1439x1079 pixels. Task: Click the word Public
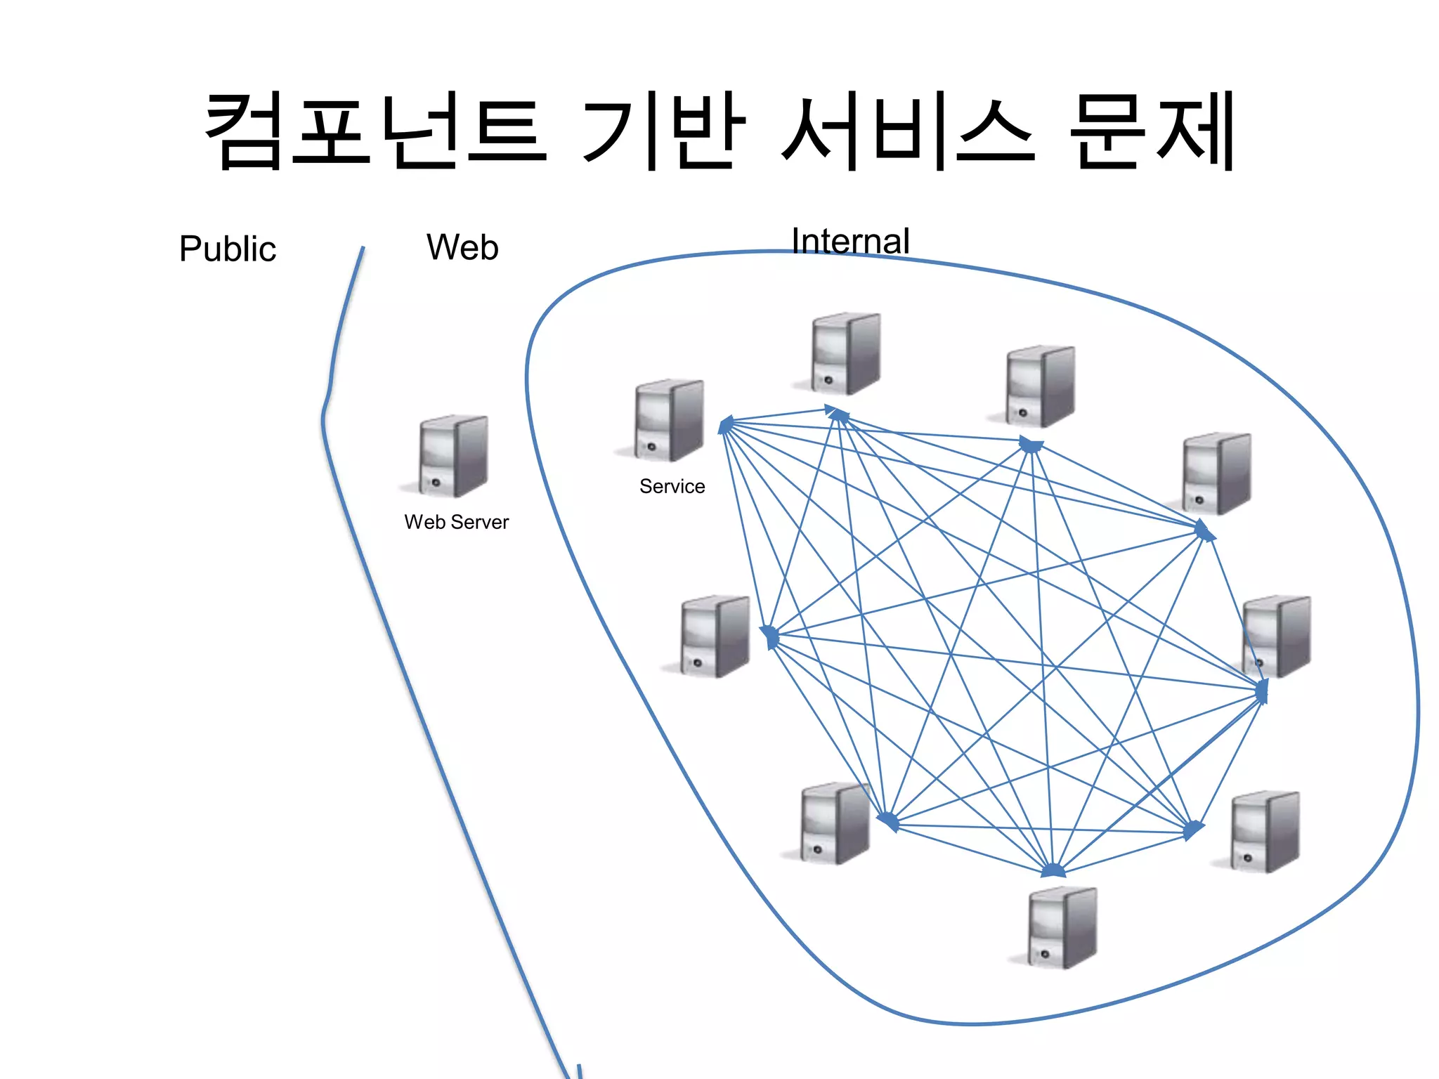click(x=227, y=249)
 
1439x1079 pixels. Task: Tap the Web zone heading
click(x=462, y=247)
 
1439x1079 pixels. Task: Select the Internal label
click(x=850, y=241)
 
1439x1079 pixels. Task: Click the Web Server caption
click(x=456, y=522)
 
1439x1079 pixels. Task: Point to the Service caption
click(x=672, y=486)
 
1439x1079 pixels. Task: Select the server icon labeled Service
click(x=669, y=420)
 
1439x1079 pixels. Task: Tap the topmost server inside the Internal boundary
click(x=846, y=353)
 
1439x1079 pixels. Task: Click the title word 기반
click(x=663, y=131)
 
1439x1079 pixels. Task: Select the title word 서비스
click(x=908, y=131)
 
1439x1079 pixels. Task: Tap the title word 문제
click(x=1152, y=131)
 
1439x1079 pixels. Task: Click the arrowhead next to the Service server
click(x=726, y=424)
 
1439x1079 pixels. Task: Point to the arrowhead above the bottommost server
click(x=1053, y=871)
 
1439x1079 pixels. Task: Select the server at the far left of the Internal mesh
click(x=715, y=636)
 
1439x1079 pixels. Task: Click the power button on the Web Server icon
click(x=436, y=483)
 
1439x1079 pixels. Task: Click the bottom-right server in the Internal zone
click(x=1265, y=832)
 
